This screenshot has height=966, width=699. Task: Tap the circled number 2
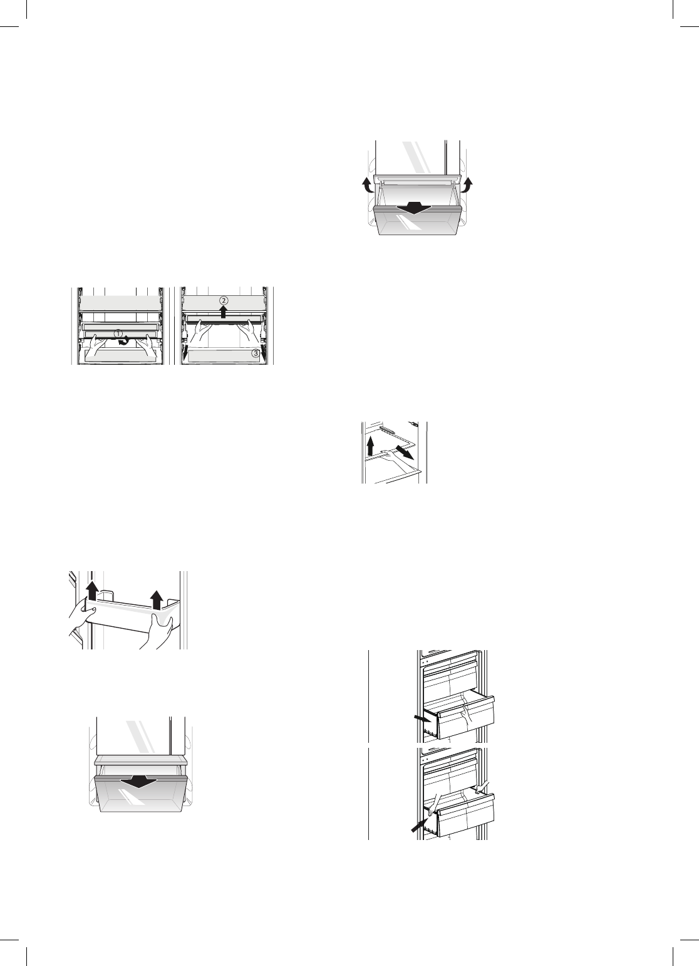coord(224,300)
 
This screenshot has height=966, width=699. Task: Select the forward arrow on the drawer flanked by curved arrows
coord(418,207)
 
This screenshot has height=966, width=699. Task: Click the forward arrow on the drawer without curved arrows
coord(140,782)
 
